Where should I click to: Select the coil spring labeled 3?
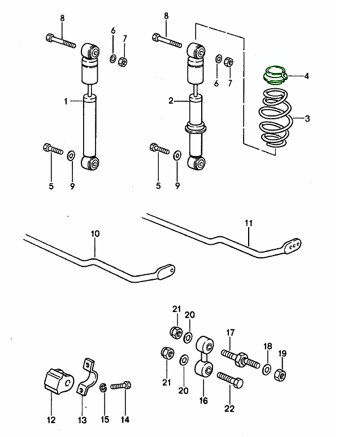tap(275, 120)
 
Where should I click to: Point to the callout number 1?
tap(66, 102)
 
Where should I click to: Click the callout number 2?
tap(170, 102)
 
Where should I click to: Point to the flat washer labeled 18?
tap(266, 370)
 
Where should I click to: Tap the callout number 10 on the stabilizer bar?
tap(94, 233)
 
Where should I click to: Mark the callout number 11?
tap(248, 223)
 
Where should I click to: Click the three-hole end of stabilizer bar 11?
tap(293, 244)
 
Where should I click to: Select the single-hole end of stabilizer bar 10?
tap(165, 271)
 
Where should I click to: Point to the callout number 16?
tap(203, 401)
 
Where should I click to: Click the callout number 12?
tap(51, 419)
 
